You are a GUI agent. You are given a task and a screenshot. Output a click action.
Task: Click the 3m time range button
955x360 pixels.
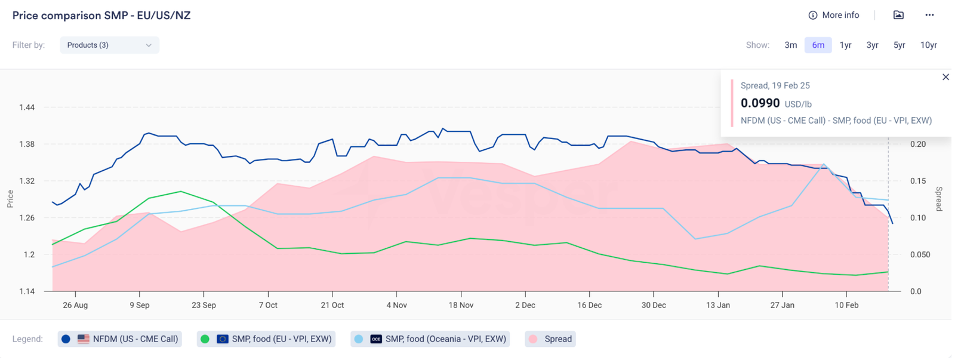790,45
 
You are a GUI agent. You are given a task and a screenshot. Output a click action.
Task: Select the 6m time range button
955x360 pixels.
818,45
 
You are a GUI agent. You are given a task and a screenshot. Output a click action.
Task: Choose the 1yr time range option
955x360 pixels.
845,45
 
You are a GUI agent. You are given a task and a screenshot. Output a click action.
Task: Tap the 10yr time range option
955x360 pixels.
928,45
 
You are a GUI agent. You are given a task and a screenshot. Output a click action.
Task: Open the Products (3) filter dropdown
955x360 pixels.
109,45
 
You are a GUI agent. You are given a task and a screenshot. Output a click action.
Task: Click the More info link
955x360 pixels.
834,16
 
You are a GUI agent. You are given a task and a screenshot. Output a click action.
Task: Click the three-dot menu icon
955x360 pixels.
929,16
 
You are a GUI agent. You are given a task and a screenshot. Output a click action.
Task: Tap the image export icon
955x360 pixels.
898,16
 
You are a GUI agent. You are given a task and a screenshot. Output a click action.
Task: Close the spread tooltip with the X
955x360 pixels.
945,77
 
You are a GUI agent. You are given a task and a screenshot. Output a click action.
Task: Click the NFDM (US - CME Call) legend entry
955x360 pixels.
120,339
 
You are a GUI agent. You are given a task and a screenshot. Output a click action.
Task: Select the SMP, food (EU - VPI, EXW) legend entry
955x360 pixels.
266,339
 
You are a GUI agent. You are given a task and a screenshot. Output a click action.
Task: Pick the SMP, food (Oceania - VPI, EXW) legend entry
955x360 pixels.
430,339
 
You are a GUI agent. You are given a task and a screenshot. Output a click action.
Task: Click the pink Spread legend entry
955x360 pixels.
550,339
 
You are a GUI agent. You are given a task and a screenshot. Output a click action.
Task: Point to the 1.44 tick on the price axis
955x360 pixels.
27,107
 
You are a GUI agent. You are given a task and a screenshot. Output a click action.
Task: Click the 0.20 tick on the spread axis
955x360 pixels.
918,144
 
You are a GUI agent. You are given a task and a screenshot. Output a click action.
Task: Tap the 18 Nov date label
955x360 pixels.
461,305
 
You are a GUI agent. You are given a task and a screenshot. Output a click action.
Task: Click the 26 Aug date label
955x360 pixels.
75,305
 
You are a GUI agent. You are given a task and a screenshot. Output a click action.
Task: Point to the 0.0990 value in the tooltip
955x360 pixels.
760,103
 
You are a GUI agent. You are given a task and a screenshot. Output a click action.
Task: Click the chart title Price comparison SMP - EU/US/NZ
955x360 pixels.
101,16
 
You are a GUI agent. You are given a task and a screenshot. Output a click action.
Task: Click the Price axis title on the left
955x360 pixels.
10,199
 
